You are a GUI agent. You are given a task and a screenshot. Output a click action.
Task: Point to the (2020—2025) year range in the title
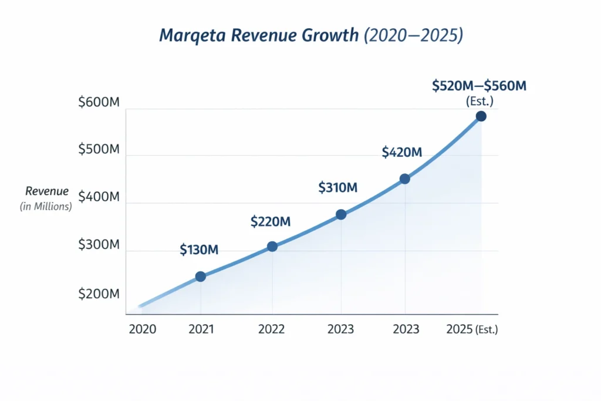413,36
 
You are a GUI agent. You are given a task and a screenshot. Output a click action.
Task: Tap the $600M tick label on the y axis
99,102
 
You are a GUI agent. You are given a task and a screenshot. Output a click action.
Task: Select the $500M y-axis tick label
99,149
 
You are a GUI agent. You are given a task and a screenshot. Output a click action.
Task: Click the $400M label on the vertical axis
99,197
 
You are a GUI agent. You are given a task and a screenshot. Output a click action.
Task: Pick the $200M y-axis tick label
99,294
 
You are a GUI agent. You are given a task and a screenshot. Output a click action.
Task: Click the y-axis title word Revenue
47,191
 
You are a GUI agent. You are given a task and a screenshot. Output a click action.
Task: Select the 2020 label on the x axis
142,329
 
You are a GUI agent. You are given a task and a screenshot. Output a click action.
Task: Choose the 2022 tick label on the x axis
271,329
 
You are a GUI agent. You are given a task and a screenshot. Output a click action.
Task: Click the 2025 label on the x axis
459,329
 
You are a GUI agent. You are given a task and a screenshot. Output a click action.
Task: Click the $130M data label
199,250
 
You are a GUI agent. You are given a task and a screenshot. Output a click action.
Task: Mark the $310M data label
338,188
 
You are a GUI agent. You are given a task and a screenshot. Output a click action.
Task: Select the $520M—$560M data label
479,86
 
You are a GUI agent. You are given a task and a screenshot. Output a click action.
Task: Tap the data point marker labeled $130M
200,277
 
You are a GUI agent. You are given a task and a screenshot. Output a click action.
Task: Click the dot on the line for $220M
272,247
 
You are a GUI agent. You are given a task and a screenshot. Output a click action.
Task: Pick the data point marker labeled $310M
341,215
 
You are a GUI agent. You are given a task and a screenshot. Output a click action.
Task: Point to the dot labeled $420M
404,179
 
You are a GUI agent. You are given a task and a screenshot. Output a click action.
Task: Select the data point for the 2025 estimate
481,116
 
